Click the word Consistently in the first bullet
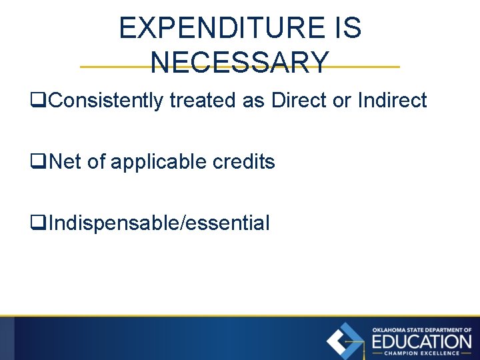[107, 101]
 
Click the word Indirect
[392, 101]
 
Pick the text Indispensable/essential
[159, 223]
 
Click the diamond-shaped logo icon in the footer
[345, 341]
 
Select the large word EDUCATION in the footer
[421, 341]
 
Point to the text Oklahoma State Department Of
[421, 329]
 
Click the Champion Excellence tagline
[421, 353]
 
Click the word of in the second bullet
[97, 162]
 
